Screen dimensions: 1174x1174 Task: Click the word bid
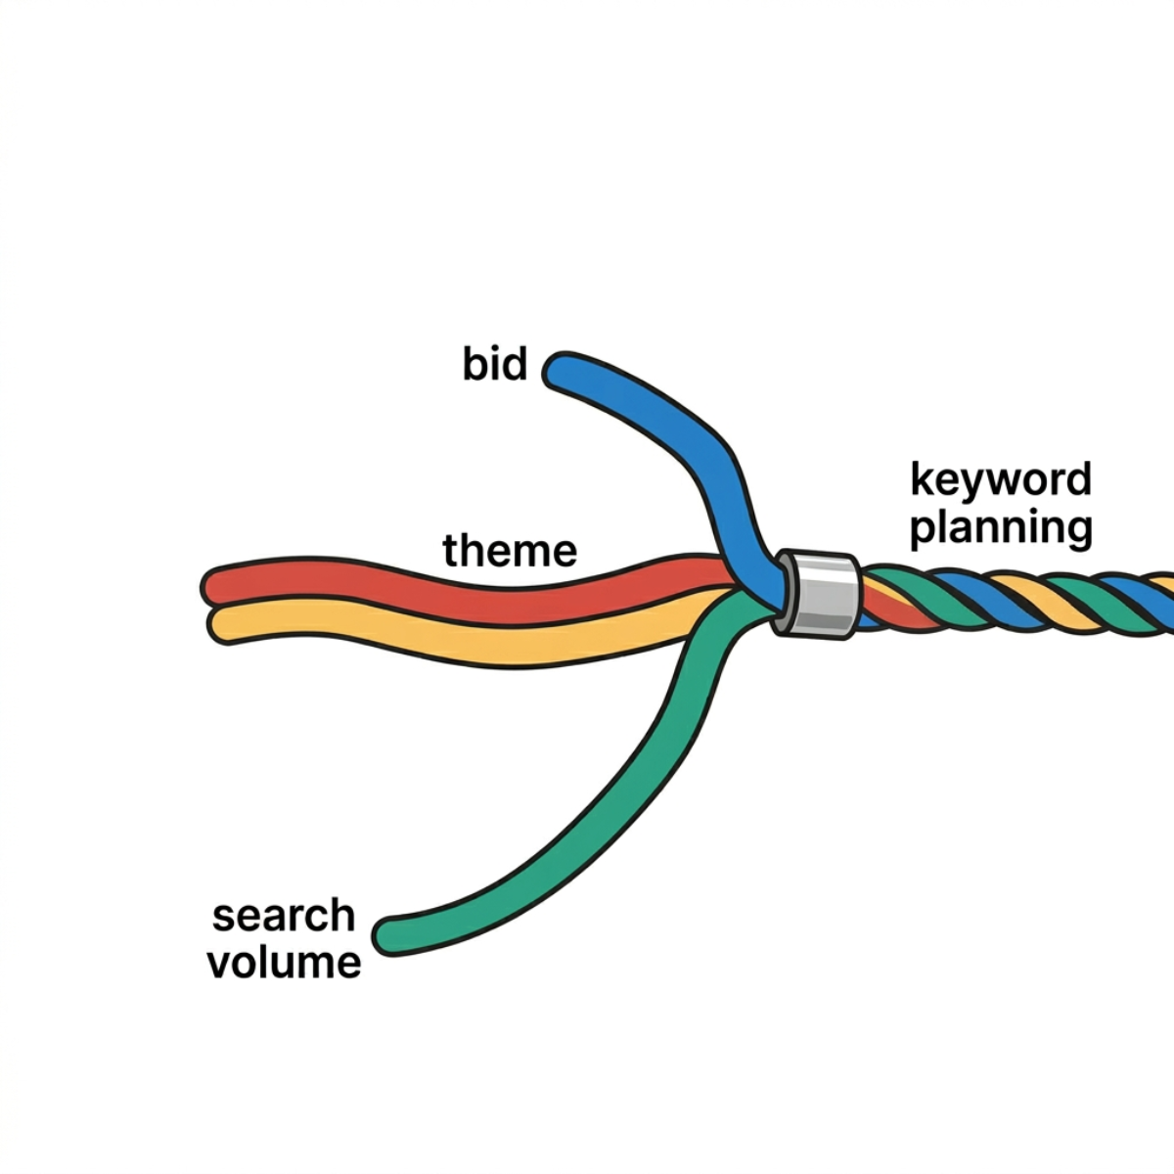[x=495, y=365]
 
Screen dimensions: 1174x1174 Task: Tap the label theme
[x=510, y=551]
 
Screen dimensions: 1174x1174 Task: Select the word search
[x=284, y=916]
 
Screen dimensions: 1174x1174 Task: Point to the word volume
[x=284, y=962]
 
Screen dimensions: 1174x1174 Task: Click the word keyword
[x=1001, y=480]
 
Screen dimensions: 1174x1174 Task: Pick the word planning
[x=1001, y=527]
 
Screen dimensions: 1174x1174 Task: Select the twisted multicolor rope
[x=1017, y=599]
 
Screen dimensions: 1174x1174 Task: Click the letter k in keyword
[x=921, y=480]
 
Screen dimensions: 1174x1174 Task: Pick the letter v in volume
[x=221, y=963]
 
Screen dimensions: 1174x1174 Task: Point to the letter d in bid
[x=515, y=365]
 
